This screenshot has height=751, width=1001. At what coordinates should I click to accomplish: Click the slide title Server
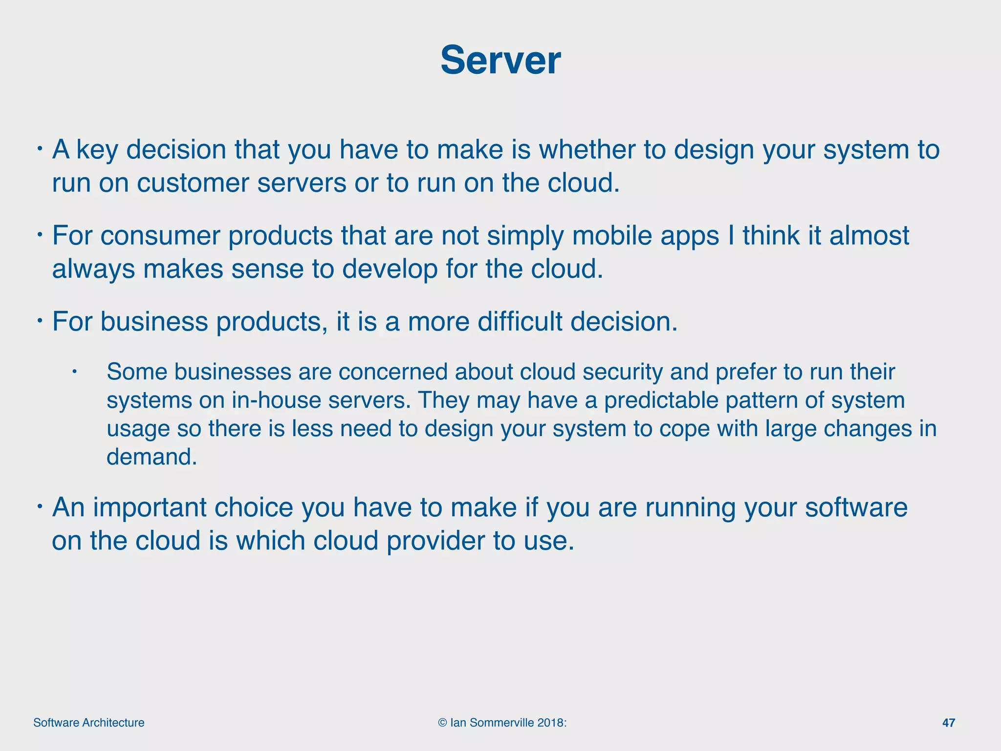(500, 60)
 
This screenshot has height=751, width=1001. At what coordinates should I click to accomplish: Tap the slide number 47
(948, 723)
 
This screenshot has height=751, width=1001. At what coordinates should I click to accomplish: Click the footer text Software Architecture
(88, 723)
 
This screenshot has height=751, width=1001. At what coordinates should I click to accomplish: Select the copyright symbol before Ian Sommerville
(442, 723)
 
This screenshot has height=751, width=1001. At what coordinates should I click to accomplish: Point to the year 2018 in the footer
(550, 723)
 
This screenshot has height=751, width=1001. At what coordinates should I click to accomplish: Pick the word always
(93, 269)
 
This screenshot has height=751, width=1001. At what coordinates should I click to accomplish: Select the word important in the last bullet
(150, 507)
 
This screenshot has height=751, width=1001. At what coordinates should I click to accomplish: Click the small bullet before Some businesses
(74, 372)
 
